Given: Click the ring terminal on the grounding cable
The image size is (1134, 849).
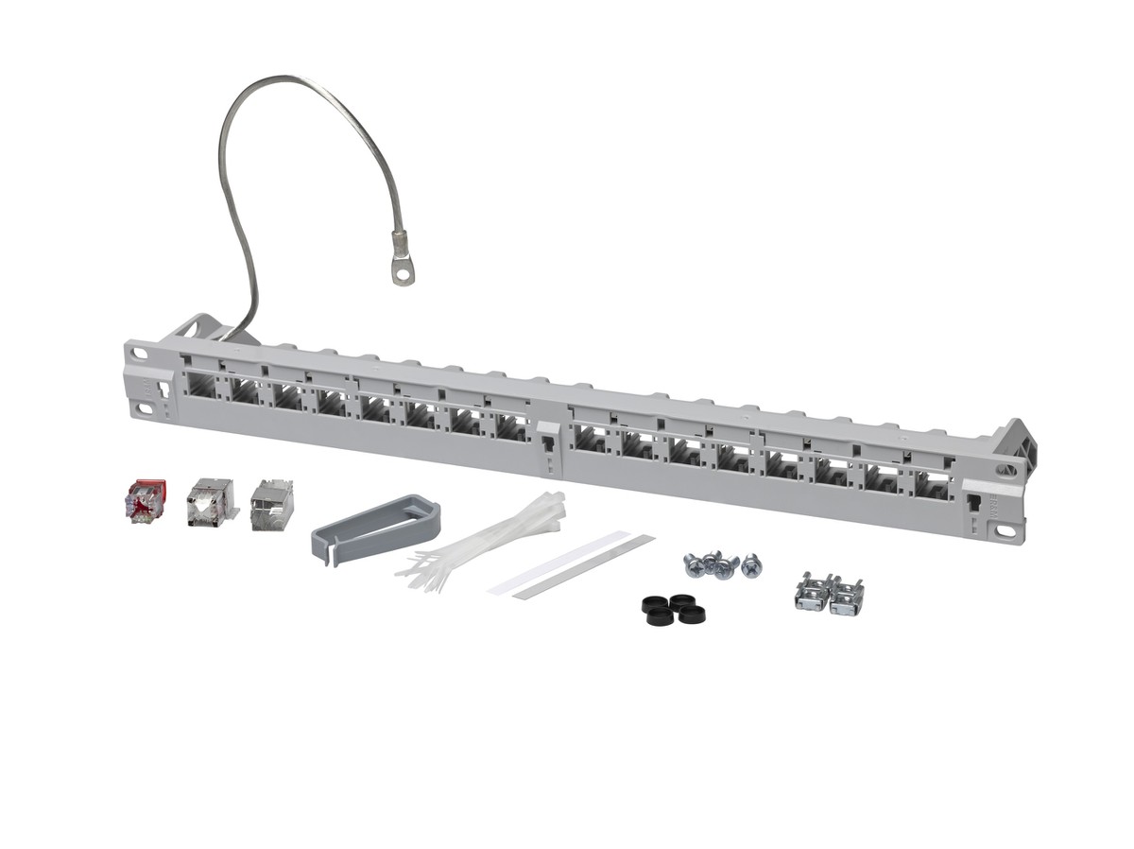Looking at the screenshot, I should [404, 271].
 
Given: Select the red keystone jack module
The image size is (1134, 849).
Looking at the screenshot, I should [145, 501].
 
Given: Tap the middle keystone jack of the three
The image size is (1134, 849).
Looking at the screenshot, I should [210, 502].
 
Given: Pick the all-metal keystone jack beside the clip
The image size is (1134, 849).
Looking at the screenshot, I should [272, 506].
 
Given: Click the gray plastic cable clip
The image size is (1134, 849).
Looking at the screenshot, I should [375, 528].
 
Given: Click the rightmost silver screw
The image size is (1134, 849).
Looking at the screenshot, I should [751, 565].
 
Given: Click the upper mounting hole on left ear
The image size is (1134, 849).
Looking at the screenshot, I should [140, 355].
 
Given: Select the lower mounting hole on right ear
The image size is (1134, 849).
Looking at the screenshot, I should [1005, 531].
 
